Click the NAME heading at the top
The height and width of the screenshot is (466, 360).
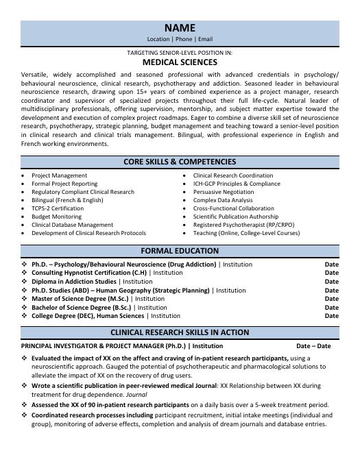coord(180,28)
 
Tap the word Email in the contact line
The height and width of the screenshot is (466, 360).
coord(205,40)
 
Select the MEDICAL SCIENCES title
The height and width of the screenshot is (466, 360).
coord(180,61)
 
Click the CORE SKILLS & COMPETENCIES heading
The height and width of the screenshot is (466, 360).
coord(180,162)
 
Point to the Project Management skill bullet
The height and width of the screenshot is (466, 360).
coord(60,175)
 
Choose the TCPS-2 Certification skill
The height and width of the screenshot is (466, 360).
coord(58,208)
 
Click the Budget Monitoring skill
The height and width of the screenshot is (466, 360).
coord(56,217)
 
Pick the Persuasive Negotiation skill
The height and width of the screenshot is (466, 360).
coord(224,192)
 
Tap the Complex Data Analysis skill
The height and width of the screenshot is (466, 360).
coord(223,200)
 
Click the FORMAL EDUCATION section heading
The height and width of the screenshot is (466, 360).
coord(180,251)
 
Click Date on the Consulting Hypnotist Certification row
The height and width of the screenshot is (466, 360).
coord(331,273)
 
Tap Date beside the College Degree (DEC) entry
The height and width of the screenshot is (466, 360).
coord(331,317)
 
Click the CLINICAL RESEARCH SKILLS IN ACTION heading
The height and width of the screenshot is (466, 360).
coord(180,332)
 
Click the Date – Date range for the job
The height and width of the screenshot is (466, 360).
coord(313,346)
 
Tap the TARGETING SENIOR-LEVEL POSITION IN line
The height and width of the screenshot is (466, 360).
coord(180,52)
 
